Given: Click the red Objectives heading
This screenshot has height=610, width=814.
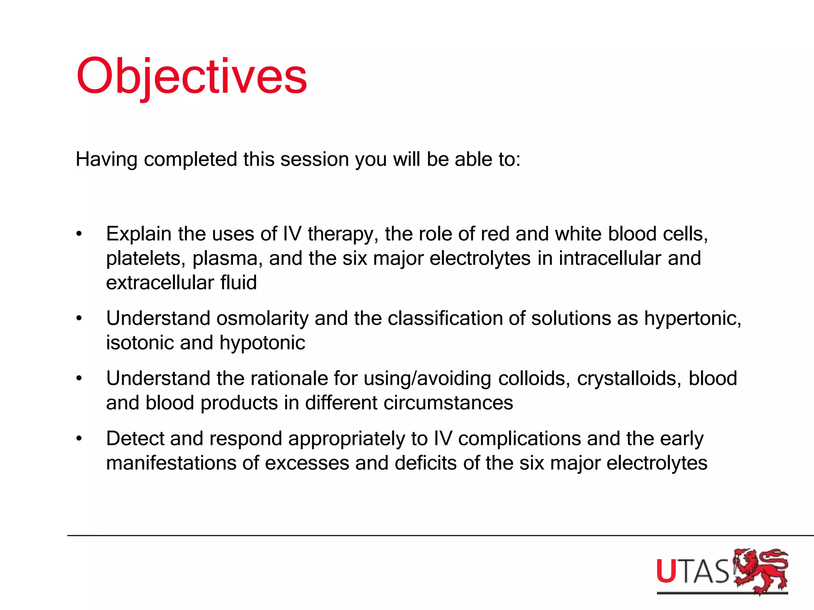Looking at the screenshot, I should click(192, 76).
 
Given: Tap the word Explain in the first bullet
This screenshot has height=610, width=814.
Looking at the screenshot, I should click(139, 234).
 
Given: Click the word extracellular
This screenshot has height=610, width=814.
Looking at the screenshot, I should click(160, 283).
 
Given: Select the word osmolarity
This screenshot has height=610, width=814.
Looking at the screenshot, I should click(262, 319).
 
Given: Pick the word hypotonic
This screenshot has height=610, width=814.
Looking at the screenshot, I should click(262, 343).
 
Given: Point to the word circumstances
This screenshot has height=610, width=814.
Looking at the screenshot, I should click(448, 403).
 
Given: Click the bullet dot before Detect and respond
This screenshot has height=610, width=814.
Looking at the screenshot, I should click(79, 439).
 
